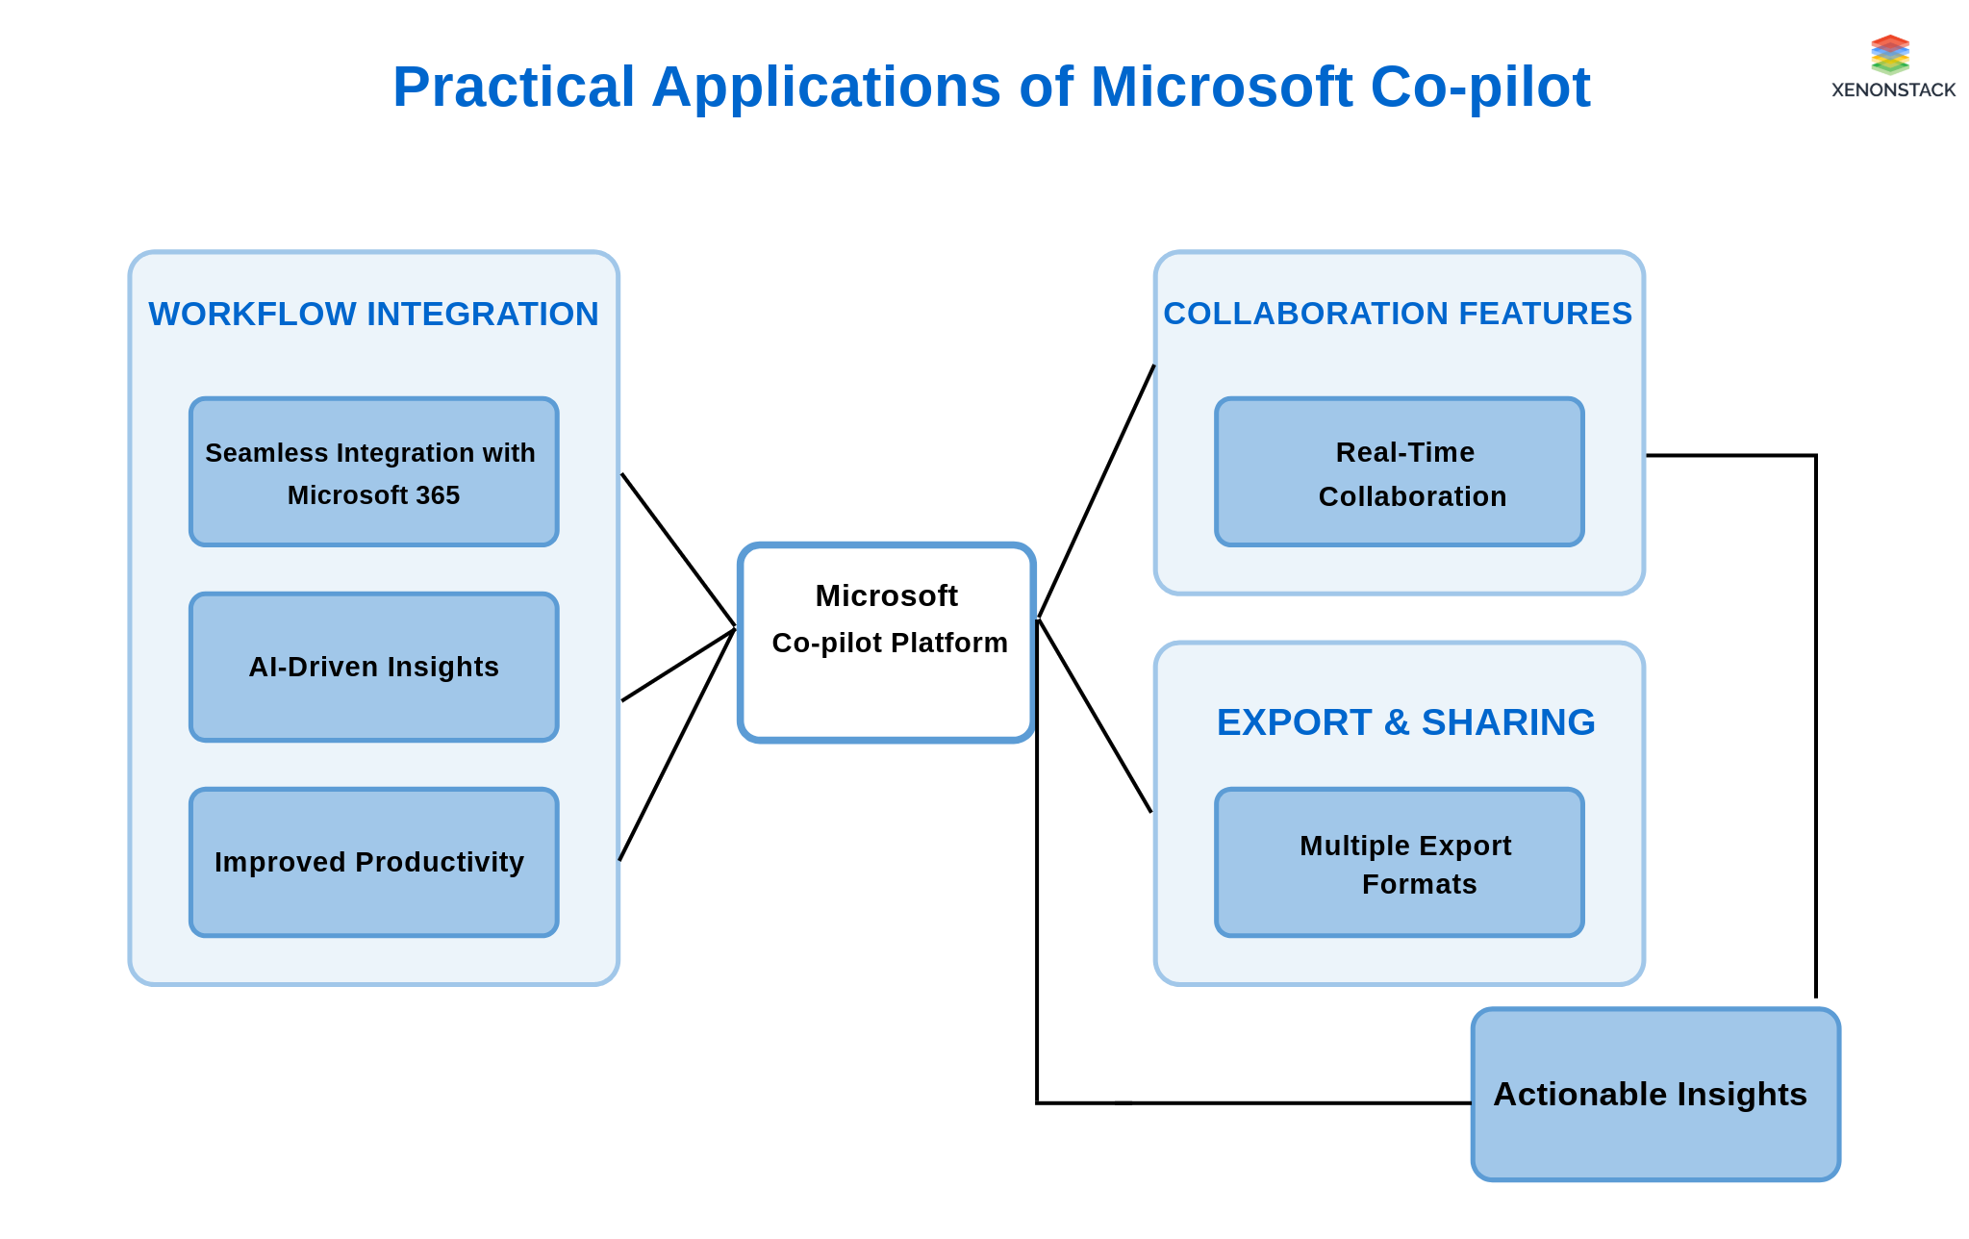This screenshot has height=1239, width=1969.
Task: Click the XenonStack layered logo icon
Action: [1889, 55]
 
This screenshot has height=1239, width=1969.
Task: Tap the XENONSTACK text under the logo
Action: [1893, 90]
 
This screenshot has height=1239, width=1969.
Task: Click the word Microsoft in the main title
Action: [1222, 87]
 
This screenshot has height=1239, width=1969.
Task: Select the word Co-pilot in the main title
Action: [1479, 87]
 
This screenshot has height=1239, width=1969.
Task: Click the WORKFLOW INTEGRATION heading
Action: [373, 315]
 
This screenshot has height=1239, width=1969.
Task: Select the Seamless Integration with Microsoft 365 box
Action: [373, 472]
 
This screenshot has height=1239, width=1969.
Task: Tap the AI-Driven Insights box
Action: [373, 667]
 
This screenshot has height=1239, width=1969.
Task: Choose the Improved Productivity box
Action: [373, 862]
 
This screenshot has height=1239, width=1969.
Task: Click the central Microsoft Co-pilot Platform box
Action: [886, 643]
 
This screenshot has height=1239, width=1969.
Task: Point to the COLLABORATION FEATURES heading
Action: [1397, 314]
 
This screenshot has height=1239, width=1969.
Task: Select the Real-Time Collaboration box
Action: [1399, 472]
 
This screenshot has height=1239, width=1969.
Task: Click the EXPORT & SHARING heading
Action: [1405, 722]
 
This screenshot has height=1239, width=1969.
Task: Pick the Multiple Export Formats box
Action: [1399, 863]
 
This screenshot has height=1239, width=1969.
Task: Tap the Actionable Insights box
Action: [1654, 1095]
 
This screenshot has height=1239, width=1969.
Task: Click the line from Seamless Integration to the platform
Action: [678, 550]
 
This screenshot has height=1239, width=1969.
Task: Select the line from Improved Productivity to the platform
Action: [676, 746]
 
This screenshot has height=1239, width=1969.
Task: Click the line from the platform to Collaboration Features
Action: [1097, 491]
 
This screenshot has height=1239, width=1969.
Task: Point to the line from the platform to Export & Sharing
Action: [1095, 716]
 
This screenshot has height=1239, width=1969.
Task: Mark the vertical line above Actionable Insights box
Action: [1815, 731]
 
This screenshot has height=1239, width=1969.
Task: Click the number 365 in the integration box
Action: [438, 495]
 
